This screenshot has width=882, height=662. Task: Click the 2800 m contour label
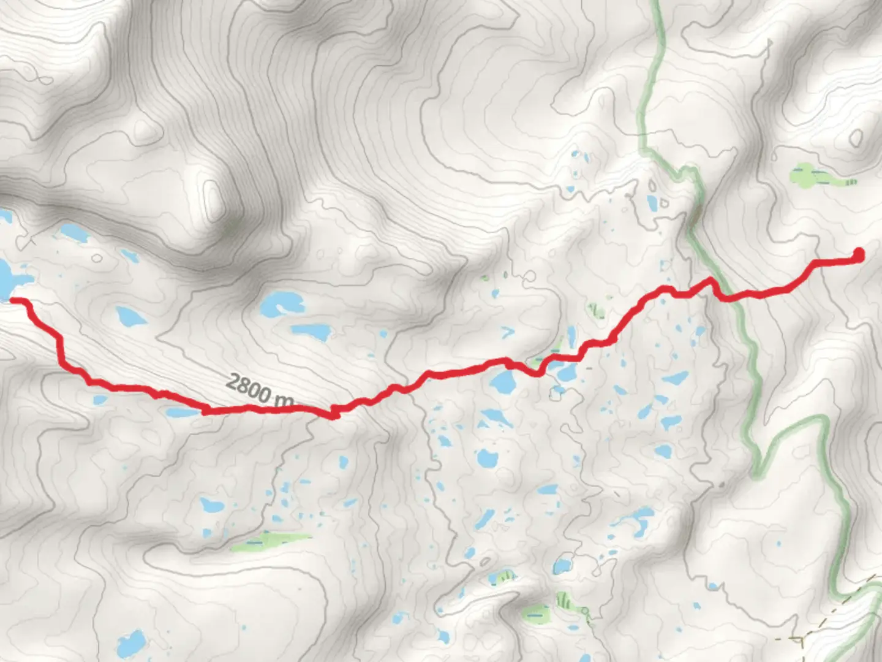[260, 390]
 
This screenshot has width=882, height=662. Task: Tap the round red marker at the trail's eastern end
[859, 254]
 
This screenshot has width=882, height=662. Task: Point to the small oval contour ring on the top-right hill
[856, 139]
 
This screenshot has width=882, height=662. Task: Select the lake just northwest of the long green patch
[212, 505]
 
